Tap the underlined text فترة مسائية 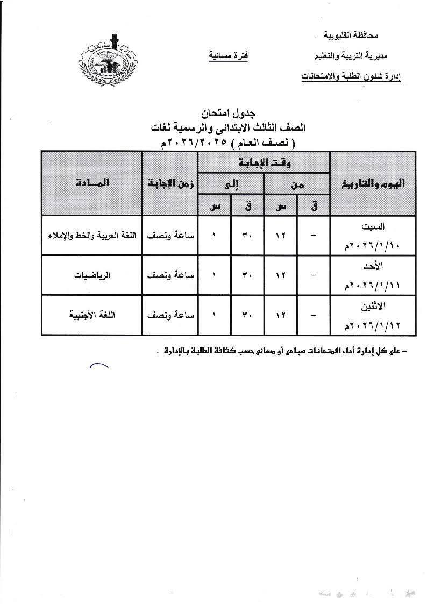coord(228,56)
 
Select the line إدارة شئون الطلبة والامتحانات coord(351,77)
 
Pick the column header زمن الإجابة coord(170,183)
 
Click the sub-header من coord(296,183)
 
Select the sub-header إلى coord(231,183)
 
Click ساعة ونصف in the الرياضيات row coord(170,275)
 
